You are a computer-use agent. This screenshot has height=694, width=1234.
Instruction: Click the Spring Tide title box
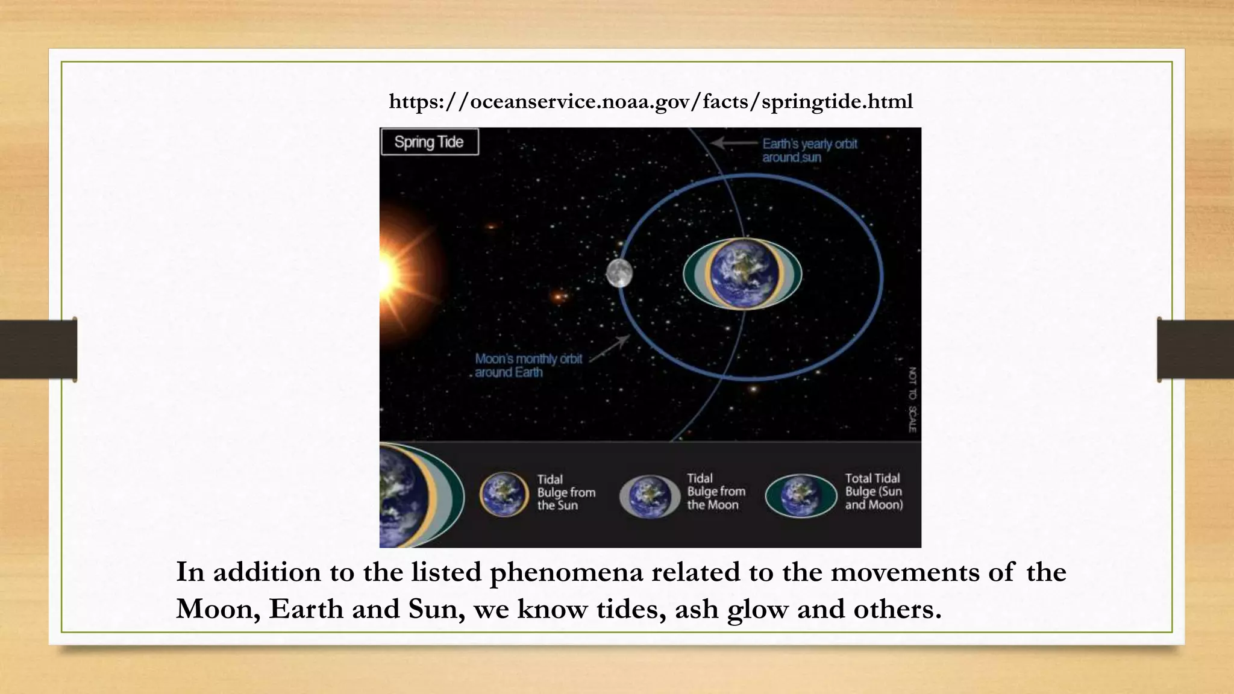(429, 142)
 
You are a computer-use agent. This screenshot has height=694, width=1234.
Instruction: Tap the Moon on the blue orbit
(619, 273)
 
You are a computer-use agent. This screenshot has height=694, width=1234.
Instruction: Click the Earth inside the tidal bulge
(743, 274)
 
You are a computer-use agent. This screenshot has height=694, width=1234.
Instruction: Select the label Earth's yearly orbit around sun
(809, 151)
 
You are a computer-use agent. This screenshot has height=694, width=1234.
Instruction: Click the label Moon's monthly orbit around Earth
(528, 366)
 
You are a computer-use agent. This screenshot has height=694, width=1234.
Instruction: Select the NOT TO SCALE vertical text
(912, 399)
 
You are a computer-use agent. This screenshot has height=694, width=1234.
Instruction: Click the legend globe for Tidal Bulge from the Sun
(504, 494)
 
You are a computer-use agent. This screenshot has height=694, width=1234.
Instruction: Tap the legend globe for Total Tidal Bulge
(800, 496)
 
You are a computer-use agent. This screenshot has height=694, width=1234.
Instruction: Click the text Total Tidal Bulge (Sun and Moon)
(873, 492)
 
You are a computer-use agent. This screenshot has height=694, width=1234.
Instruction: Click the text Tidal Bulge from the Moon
(716, 492)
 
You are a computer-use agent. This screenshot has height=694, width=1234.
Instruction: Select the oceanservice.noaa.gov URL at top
(651, 101)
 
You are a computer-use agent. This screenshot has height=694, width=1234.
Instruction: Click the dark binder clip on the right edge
(1194, 349)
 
